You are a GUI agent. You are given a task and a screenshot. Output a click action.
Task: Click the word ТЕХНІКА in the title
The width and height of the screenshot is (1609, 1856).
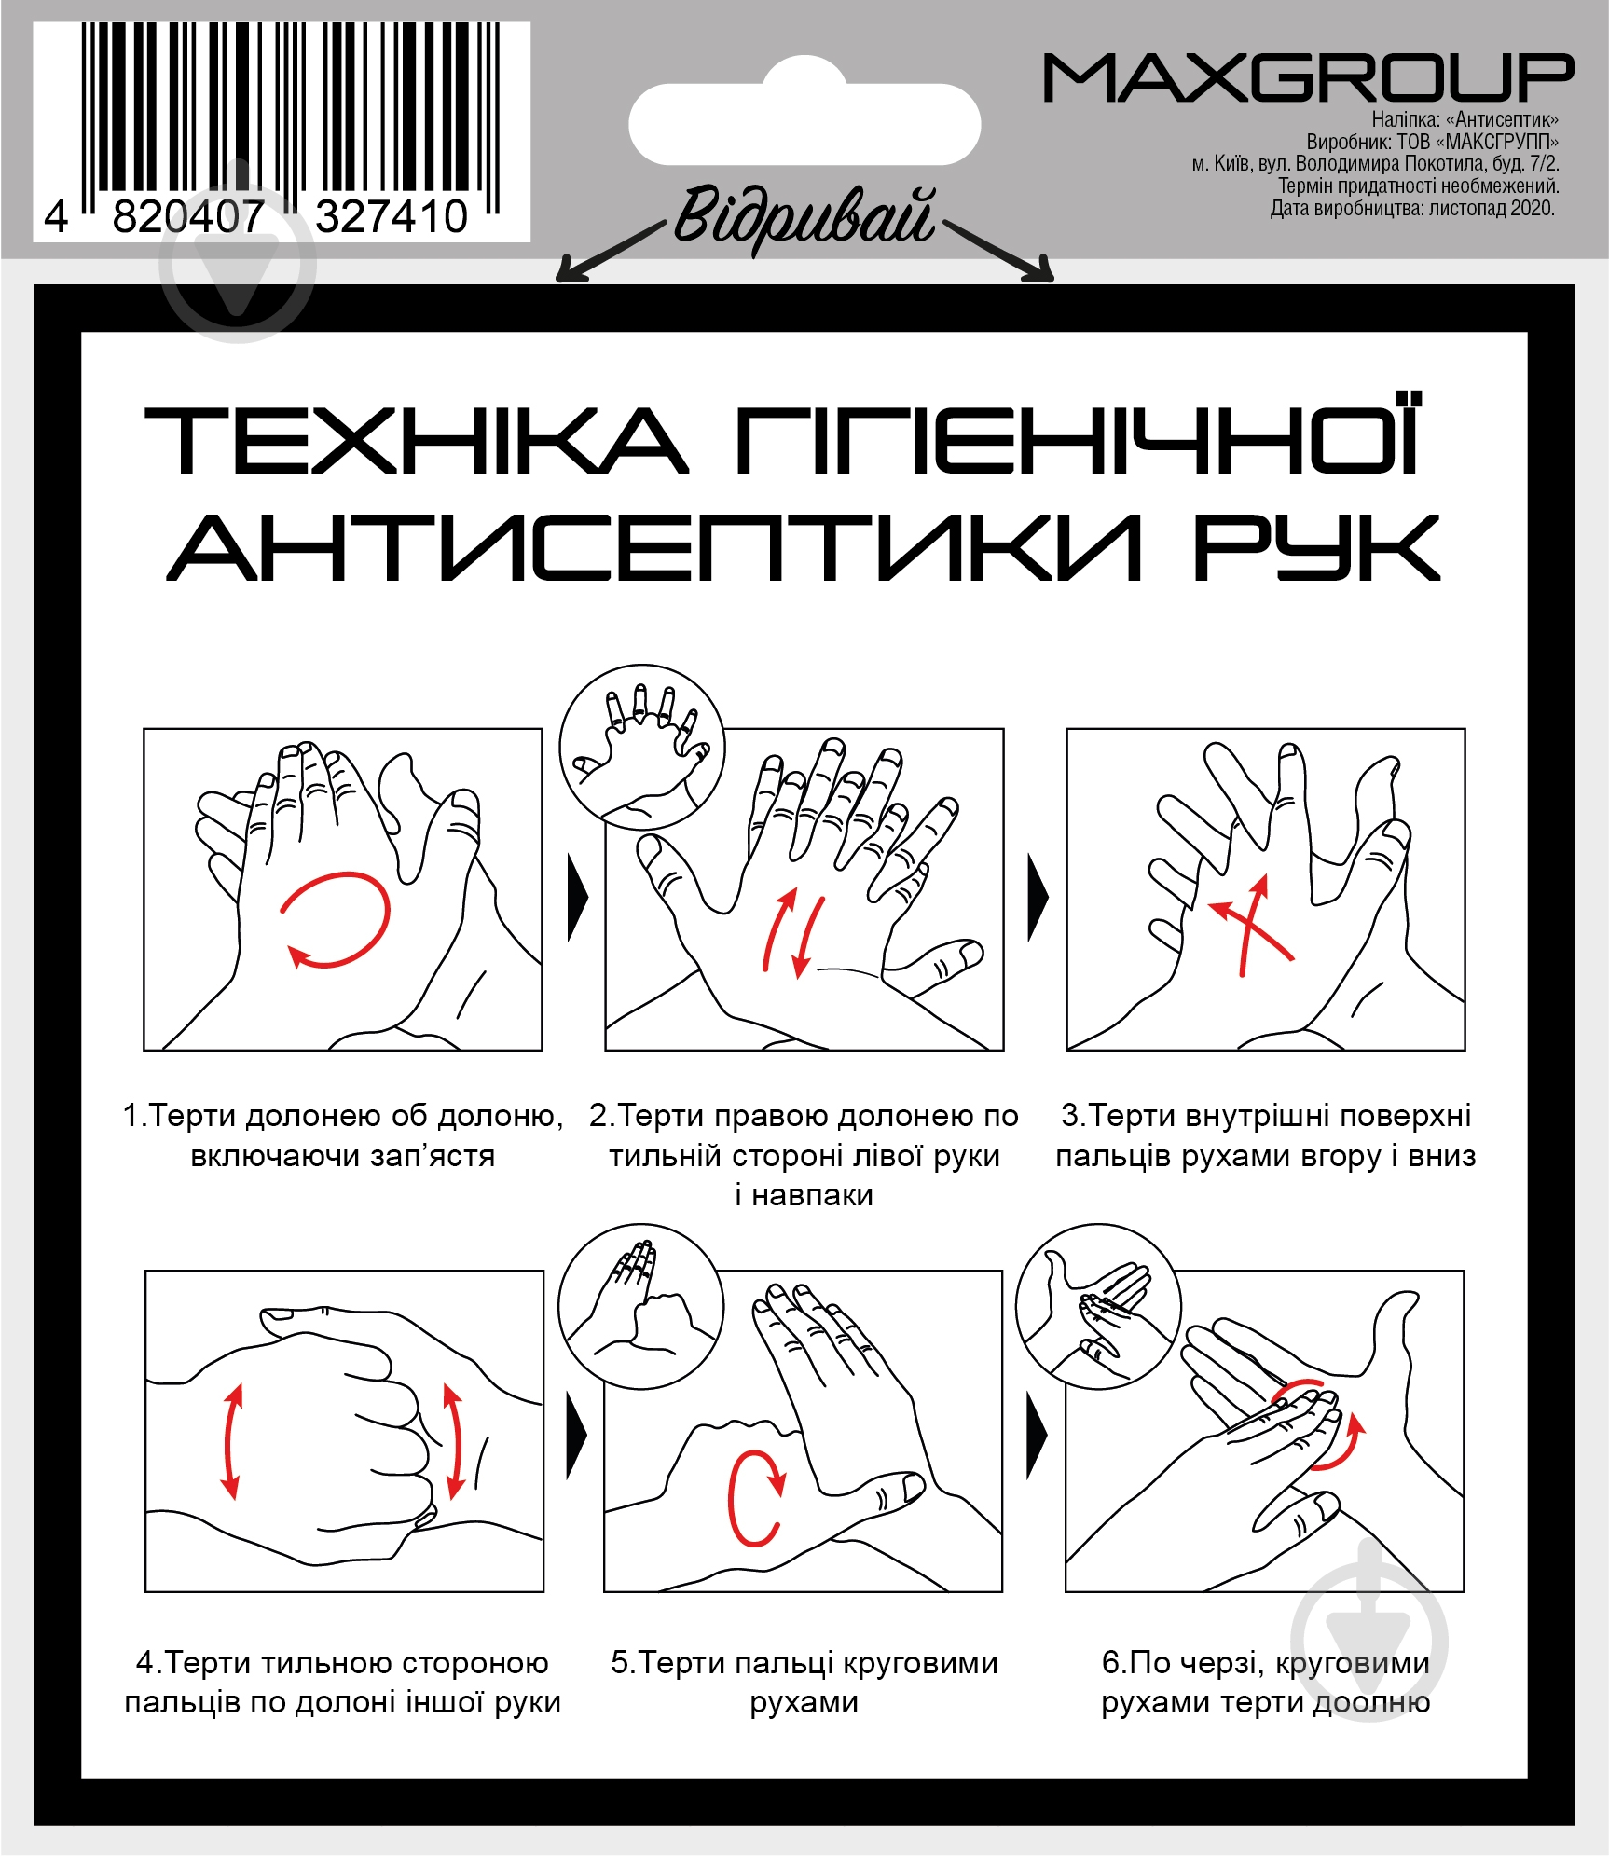[417, 440]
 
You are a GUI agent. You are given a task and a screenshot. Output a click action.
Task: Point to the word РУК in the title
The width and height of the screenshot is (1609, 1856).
[1316, 546]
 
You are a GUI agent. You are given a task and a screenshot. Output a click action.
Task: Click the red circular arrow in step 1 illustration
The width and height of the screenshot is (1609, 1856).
[336, 919]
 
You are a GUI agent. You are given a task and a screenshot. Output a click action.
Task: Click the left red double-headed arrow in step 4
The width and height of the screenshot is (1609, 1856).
[232, 1441]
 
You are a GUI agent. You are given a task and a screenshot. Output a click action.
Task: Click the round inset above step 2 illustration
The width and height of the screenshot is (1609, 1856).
[641, 747]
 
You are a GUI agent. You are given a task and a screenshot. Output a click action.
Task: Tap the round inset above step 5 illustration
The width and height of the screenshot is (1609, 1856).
[641, 1307]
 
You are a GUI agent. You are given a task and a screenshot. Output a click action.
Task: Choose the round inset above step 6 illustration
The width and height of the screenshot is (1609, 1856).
[1099, 1307]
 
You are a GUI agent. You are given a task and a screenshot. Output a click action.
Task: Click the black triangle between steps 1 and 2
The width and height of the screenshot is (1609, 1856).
[578, 899]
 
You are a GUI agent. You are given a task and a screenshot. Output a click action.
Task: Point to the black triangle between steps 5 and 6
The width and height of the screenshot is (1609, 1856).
[1037, 1436]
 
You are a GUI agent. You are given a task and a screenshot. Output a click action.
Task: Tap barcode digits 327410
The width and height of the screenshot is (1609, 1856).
[392, 217]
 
